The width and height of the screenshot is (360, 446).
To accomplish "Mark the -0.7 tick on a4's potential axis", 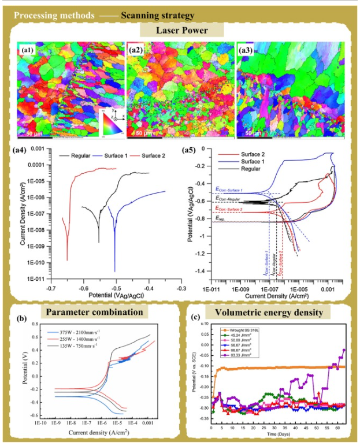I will [52, 285].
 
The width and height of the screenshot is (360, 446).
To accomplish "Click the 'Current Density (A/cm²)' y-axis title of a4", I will [23, 214].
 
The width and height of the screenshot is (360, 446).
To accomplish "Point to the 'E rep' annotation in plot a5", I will [221, 218].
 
